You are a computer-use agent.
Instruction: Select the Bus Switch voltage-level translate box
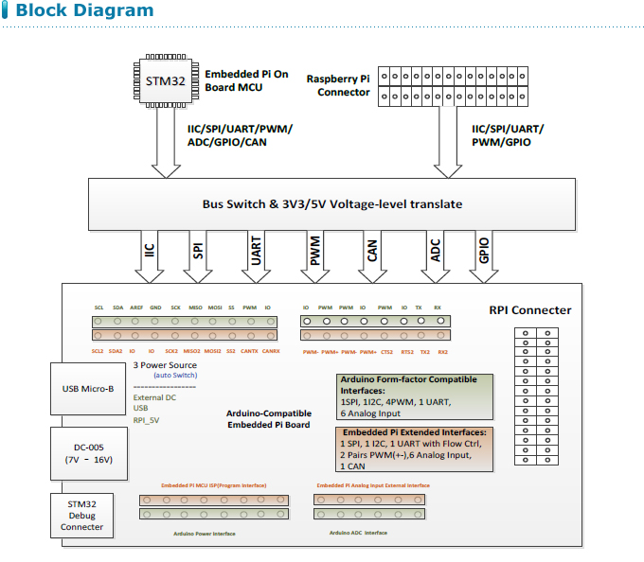pyautogui.click(x=331, y=203)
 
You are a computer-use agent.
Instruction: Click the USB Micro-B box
pyautogui.click(x=88, y=389)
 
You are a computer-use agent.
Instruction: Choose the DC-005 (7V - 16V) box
pyautogui.click(x=88, y=452)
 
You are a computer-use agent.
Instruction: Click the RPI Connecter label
pyautogui.click(x=529, y=310)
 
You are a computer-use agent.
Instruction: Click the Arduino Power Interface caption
pyautogui.click(x=204, y=534)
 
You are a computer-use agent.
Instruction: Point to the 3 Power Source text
pyautogui.click(x=165, y=364)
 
